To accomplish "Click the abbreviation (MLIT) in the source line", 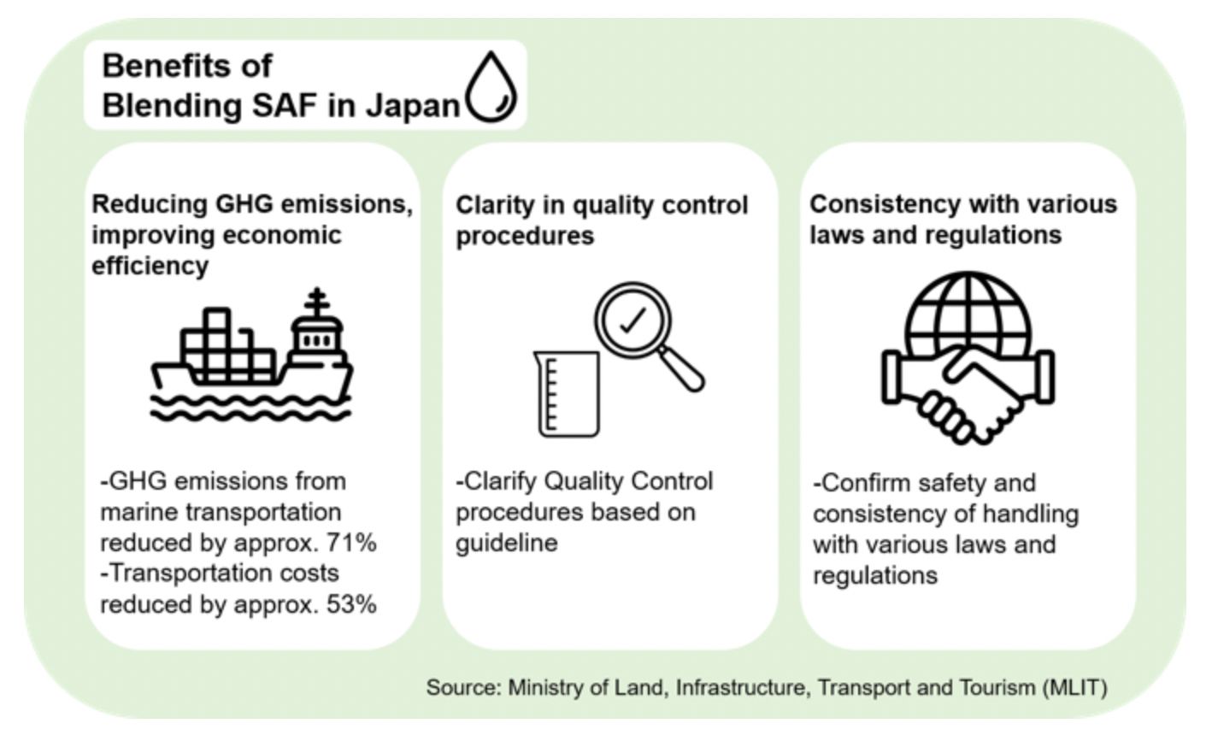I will (1074, 687).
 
